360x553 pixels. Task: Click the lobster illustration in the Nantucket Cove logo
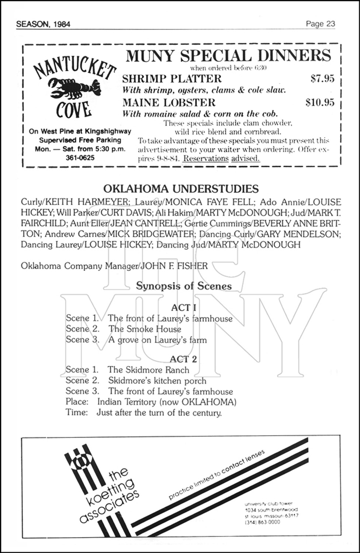74,87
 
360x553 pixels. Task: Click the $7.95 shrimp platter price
322,79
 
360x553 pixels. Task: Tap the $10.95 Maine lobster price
320,102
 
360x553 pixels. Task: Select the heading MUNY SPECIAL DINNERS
228,56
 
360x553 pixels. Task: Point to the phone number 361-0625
80,158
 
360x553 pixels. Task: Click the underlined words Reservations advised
221,159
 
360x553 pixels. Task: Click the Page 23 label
320,24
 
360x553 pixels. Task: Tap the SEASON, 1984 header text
43,24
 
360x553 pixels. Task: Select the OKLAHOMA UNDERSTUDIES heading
181,189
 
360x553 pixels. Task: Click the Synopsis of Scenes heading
184,286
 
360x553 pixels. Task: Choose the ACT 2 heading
183,359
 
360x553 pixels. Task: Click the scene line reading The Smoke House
145,329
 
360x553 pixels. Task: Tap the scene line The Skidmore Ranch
148,370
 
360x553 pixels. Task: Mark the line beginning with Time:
143,413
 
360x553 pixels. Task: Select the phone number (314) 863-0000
262,522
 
